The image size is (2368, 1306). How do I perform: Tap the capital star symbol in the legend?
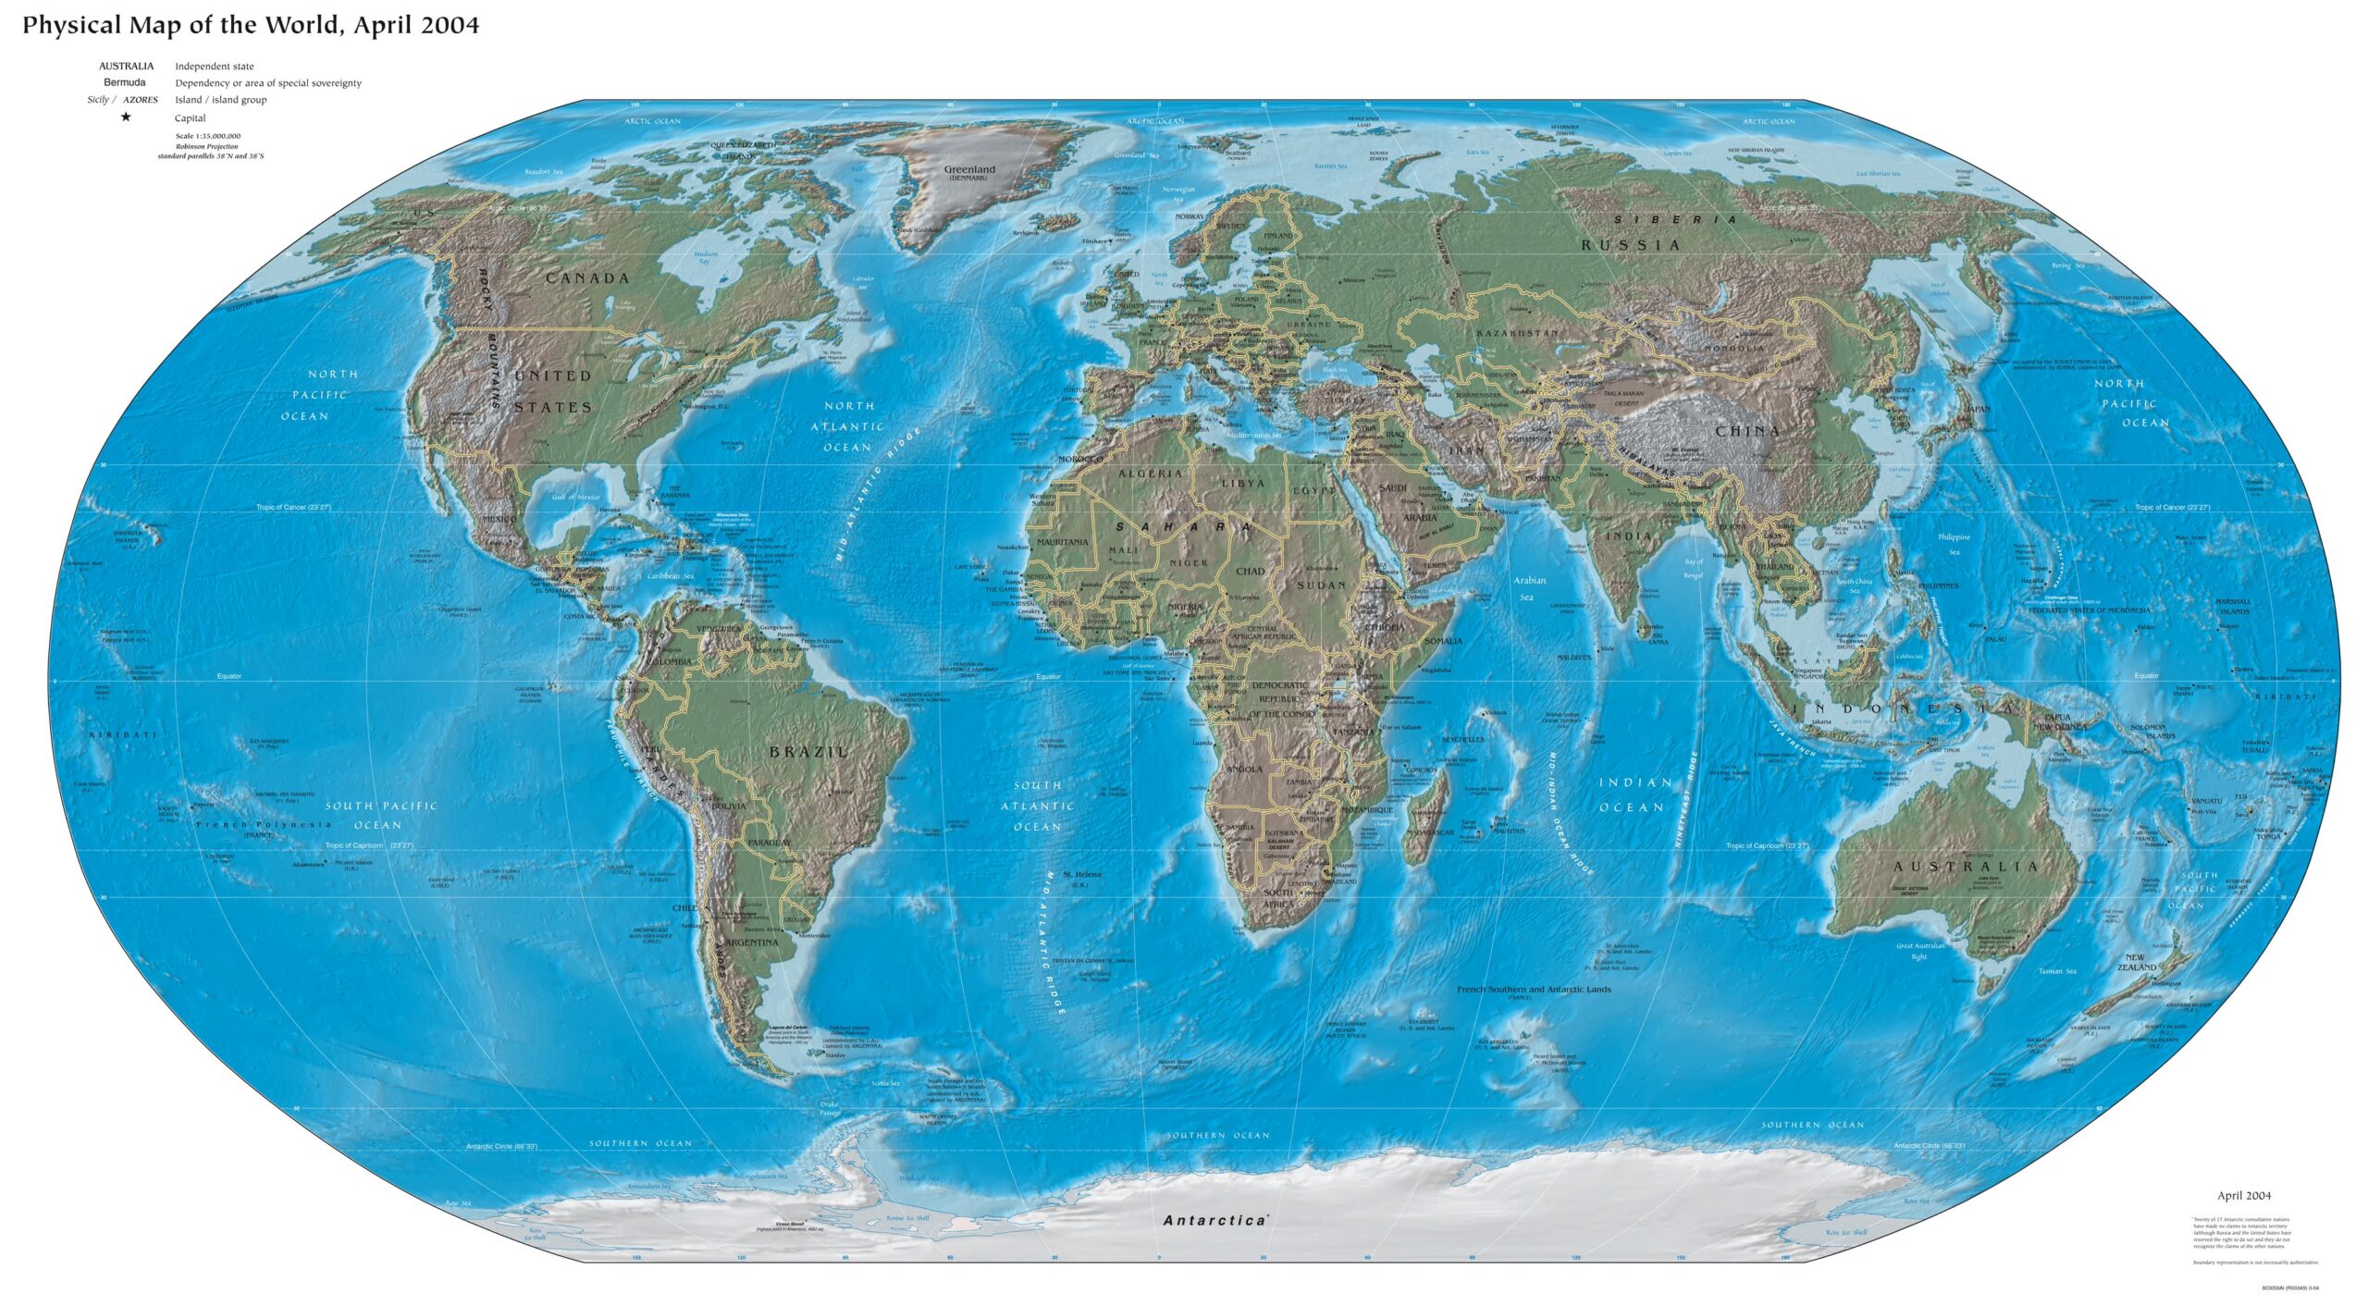pyautogui.click(x=126, y=117)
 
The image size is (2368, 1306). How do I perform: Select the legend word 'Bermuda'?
pyautogui.click(x=124, y=83)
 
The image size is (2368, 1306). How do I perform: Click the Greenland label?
pyautogui.click(x=969, y=170)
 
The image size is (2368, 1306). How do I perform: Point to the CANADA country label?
pyautogui.click(x=587, y=278)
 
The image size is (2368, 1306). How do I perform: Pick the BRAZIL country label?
pyautogui.click(x=808, y=752)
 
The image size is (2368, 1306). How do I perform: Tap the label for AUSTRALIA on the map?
pyautogui.click(x=1966, y=867)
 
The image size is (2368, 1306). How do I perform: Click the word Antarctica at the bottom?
pyautogui.click(x=1215, y=1221)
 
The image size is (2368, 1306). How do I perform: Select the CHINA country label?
pyautogui.click(x=1748, y=431)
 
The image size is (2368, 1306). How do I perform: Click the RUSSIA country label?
pyautogui.click(x=1631, y=245)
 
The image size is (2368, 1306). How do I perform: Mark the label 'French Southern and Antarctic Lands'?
pyautogui.click(x=1534, y=990)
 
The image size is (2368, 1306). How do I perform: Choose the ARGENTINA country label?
pyautogui.click(x=752, y=943)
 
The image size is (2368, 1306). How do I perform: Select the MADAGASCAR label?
pyautogui.click(x=1430, y=832)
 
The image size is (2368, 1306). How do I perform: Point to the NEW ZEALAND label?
pyautogui.click(x=2136, y=962)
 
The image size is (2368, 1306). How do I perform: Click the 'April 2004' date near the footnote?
pyautogui.click(x=2244, y=1196)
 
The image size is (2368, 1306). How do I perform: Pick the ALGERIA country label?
pyautogui.click(x=1151, y=474)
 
